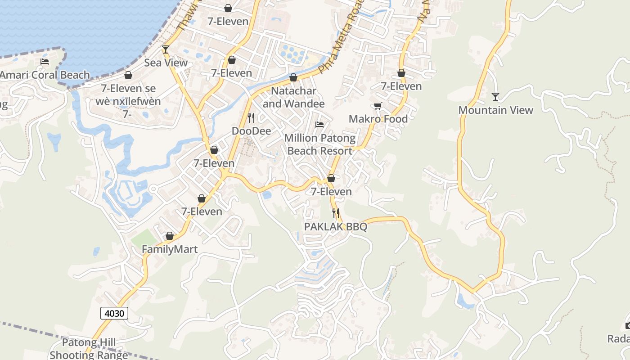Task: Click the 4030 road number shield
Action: pos(114,313)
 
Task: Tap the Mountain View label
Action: pos(495,110)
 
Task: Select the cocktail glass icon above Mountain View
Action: pos(495,96)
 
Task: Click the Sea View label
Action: pos(166,63)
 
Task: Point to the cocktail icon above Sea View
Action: pos(166,49)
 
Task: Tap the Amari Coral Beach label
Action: pos(45,75)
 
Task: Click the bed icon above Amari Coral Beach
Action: pos(45,61)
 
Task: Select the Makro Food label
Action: pos(378,119)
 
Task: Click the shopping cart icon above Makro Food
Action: pos(378,106)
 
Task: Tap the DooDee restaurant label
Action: pos(251,131)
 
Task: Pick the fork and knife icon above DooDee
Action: pos(251,118)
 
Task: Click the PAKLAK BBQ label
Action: pos(336,227)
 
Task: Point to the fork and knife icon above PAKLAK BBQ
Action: pos(336,213)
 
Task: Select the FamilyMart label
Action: pos(170,249)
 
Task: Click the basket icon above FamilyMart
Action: pos(170,236)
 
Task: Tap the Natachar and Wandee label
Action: pos(293,97)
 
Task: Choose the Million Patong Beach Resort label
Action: pos(319,144)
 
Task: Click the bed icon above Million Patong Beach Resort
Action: pos(319,124)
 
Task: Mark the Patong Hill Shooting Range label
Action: pos(89,349)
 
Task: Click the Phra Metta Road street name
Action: pos(338,41)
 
